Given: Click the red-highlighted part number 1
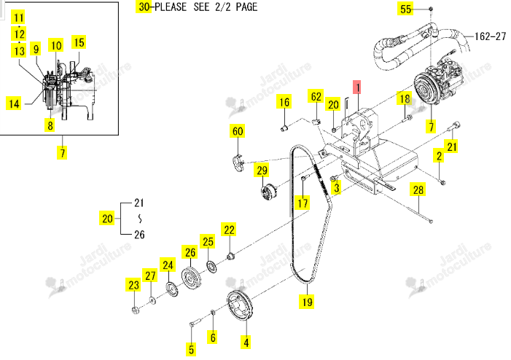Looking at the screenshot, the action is (357, 87).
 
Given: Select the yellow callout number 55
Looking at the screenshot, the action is (405, 9).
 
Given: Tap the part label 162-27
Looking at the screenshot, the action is (491, 36).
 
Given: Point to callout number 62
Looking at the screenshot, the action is (316, 97).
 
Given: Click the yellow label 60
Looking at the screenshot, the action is (238, 131).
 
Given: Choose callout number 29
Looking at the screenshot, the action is (262, 170).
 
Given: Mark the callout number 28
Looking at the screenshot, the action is (418, 189).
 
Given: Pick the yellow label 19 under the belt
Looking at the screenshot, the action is (307, 302).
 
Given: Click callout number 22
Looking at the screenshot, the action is (229, 230).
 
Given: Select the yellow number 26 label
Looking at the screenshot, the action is (190, 252).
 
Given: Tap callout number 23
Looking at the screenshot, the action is (133, 285).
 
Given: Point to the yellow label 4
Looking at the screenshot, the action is (246, 343).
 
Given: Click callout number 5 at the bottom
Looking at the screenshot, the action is (191, 349).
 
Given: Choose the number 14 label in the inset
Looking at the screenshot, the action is (14, 103).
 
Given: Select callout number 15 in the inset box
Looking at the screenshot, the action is (79, 42).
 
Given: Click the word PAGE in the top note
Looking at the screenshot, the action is (246, 7).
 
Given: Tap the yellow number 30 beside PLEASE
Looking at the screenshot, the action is (144, 7).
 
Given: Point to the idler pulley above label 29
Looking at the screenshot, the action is (268, 192).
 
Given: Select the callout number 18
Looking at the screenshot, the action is (405, 98).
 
